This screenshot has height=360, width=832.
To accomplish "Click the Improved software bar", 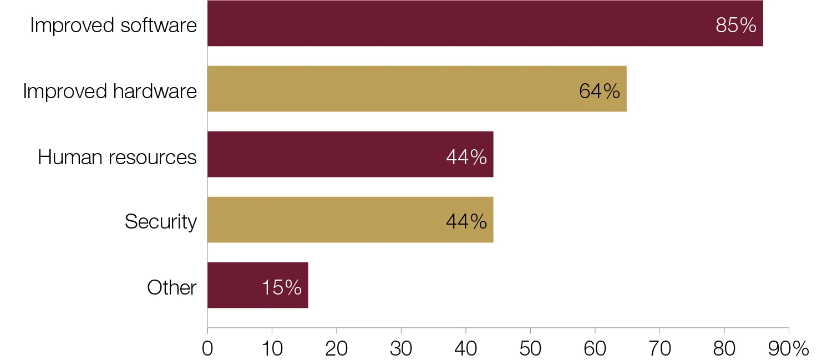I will [x=444, y=23].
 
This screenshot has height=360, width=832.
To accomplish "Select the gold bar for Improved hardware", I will [x=388, y=89].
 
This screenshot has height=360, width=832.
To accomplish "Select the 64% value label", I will [x=600, y=91].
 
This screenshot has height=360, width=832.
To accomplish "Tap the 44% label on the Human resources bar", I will [x=466, y=157].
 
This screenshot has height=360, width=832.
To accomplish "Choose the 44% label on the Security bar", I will [x=466, y=222].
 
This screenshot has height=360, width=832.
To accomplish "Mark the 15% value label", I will [x=282, y=287].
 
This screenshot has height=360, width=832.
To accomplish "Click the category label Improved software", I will [x=114, y=26].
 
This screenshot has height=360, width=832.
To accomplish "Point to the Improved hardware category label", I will [x=110, y=91].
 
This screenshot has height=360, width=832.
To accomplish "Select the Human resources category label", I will [x=117, y=157].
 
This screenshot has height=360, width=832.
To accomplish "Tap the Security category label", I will [x=161, y=222].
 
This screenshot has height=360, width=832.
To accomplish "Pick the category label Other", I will [x=172, y=287].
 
